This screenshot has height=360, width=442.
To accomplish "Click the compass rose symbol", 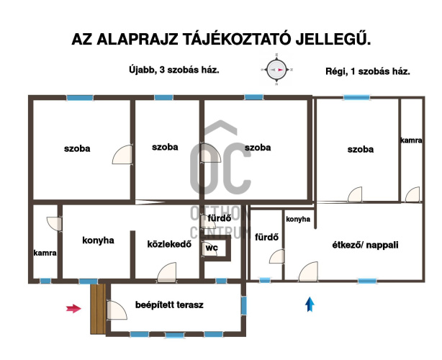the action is tap(276, 69).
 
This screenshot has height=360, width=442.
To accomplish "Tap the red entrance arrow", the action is tap(73, 309).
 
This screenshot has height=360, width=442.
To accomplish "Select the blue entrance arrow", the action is tap(310, 305).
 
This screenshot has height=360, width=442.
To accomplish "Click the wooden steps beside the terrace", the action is tap(98, 309).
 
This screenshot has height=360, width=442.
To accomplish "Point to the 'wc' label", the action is tap(212, 248).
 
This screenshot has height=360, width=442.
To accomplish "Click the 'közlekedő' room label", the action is tap(169, 244).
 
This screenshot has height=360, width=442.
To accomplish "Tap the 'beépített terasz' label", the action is tap(169, 305).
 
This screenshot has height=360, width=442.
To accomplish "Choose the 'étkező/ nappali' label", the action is tap(365, 245).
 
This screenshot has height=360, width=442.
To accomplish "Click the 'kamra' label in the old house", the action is tap(411, 140).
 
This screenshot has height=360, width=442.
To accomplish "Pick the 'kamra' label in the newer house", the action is tap(45, 253).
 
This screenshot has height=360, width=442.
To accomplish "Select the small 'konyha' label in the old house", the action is tap(298, 219).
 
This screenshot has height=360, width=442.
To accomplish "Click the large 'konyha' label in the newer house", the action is tap(98, 240).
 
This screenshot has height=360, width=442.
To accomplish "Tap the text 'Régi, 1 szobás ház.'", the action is tap(368, 71).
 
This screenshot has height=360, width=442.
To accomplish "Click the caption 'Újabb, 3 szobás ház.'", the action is tap(174, 70).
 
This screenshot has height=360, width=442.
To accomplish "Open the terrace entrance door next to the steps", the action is tap(117, 310).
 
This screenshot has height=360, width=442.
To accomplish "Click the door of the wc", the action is tap(209, 248).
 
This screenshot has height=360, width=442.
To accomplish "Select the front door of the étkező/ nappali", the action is tap(308, 271).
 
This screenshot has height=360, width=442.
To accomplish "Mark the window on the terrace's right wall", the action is tap(244, 305).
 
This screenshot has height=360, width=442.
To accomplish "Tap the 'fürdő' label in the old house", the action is tap(266, 237).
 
